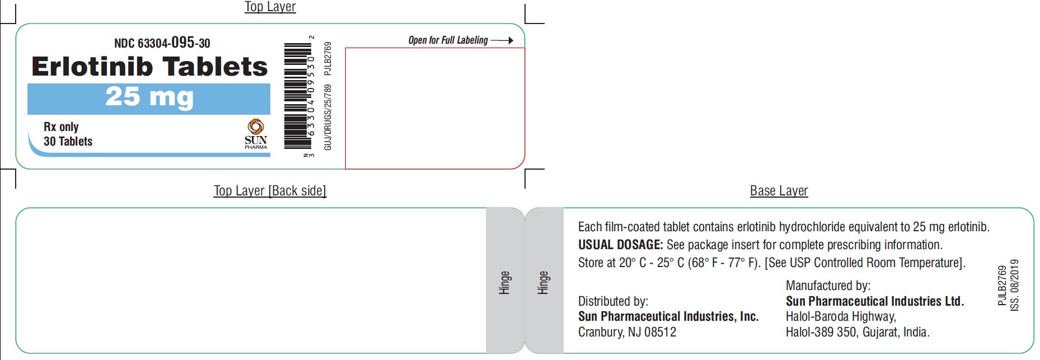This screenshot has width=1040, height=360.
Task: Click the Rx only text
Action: pos(61,127)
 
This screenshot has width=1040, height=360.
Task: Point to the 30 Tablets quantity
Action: pos(68,141)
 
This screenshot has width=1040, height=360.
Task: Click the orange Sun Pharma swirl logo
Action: pos(256,127)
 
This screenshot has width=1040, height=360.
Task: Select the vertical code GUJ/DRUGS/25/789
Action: pos(328,117)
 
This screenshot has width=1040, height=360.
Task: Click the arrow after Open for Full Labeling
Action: pos(502,40)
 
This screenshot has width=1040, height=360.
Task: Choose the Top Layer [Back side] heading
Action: pos(270,191)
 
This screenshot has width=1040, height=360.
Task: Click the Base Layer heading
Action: pos(779,191)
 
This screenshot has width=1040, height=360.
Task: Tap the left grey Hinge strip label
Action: pos(505,283)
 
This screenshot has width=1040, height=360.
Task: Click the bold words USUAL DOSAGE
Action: pos(620,245)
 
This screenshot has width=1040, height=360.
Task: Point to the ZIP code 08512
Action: pos(660,332)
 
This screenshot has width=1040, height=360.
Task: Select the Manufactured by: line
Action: pos(828,286)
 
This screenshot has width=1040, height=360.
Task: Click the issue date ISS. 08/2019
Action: pos(1014,285)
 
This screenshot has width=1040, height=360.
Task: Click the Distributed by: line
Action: pos(613,301)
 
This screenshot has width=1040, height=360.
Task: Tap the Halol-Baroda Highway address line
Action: pos(841,317)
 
